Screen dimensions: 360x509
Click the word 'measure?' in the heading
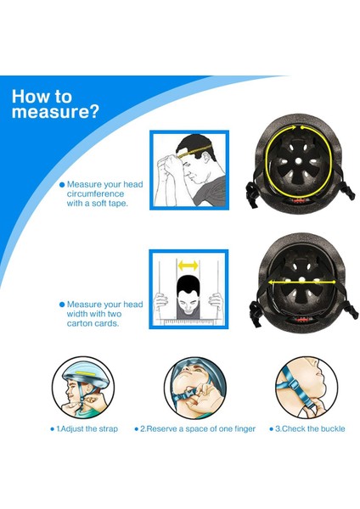click(x=55, y=112)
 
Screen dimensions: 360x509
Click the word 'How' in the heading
click(x=30, y=97)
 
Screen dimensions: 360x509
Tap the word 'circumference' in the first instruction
click(x=96, y=193)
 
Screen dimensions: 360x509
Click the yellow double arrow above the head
click(x=188, y=266)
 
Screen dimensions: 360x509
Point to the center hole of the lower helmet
click(x=302, y=280)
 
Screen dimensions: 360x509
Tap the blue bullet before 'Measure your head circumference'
click(x=62, y=185)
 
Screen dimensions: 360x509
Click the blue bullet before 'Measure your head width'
click(x=62, y=305)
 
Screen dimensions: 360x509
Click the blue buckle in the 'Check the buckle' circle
click(x=293, y=385)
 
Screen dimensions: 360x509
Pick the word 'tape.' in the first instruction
click(x=117, y=204)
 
